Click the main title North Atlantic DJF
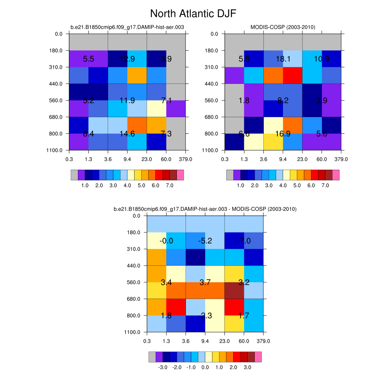click(x=193, y=14)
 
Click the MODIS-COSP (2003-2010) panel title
click(x=283, y=27)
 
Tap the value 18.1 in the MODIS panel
click(x=283, y=59)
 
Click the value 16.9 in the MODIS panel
click(x=283, y=133)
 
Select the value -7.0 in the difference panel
click(x=243, y=241)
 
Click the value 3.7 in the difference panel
click(x=205, y=282)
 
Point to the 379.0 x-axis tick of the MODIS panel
click(x=341, y=159)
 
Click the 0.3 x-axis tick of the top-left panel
click(x=69, y=159)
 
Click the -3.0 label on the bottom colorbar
click(x=163, y=367)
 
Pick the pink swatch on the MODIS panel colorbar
click(x=336, y=175)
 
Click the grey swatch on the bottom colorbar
click(x=152, y=357)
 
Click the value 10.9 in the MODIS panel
click(x=322, y=59)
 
